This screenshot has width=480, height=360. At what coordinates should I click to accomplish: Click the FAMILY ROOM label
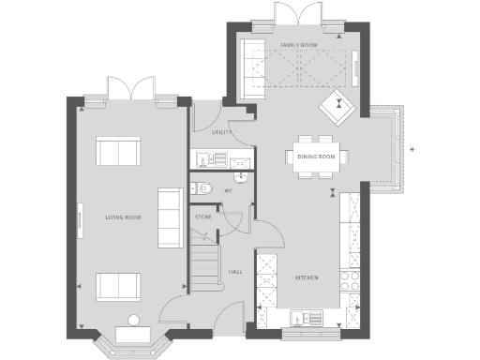299,45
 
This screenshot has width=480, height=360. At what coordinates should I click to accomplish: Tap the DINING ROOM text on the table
316,157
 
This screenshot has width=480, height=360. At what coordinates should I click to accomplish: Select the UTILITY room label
221,132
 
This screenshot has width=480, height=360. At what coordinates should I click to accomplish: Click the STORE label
203,217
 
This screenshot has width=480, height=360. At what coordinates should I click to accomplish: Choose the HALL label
236,272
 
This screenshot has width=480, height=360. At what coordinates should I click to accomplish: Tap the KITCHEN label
307,278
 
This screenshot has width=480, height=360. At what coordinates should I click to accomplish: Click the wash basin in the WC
240,175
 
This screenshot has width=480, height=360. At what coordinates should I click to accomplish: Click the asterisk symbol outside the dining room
412,148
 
